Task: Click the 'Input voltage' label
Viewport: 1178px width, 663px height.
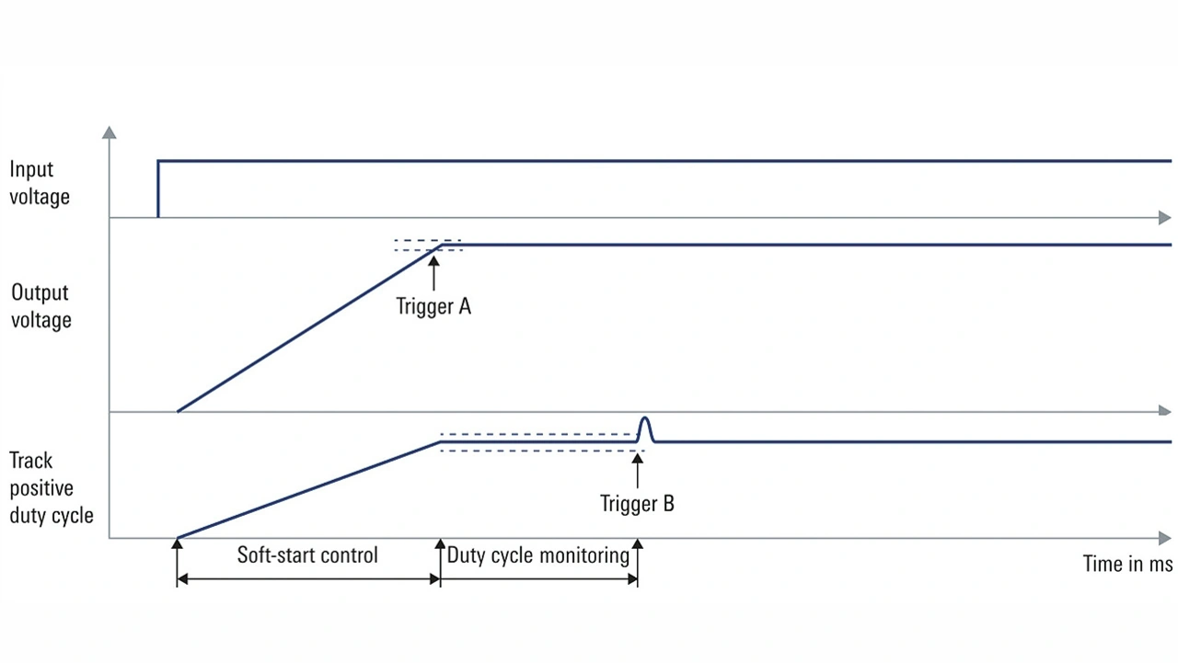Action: pos(39,183)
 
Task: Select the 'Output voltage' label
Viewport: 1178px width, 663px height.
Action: pos(40,306)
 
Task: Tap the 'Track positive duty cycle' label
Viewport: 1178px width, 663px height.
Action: pos(52,488)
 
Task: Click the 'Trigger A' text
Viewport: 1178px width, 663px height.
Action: pos(433,307)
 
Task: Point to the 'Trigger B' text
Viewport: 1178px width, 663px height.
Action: pos(637,504)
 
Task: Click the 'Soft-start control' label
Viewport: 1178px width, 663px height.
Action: pos(307,555)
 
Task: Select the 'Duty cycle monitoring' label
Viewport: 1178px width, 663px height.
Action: pos(538,555)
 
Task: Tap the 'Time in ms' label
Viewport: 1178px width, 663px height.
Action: pos(1127,564)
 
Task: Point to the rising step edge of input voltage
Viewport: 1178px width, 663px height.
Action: pos(158,189)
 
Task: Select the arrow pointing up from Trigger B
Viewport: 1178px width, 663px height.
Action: pos(637,469)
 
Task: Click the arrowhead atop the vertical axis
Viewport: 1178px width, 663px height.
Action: pos(110,132)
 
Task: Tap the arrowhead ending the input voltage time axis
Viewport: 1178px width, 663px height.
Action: pos(1164,218)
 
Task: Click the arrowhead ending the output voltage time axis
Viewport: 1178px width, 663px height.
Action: pos(1164,411)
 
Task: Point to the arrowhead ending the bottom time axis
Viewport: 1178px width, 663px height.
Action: pos(1164,538)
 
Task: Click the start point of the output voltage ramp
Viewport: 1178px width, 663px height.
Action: pos(178,411)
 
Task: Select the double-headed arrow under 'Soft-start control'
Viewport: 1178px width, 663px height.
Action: pos(308,579)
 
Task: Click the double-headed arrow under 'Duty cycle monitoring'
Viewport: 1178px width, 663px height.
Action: pos(538,579)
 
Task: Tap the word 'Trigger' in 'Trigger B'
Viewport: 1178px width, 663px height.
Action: pos(626,504)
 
